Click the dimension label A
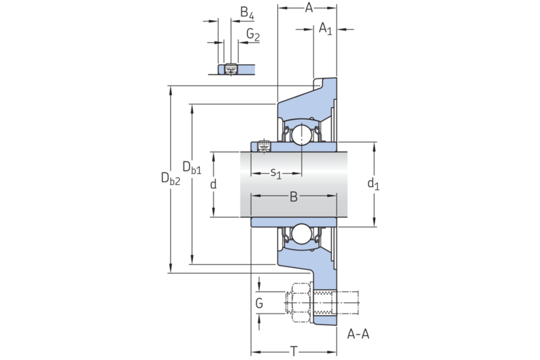(x=309, y=8)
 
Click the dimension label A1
(x=326, y=29)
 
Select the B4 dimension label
(x=246, y=12)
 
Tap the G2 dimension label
(x=253, y=34)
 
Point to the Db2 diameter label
(x=170, y=179)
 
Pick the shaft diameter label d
(x=213, y=184)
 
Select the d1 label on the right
(x=373, y=184)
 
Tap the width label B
(x=293, y=197)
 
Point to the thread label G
(x=259, y=304)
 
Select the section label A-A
(x=358, y=334)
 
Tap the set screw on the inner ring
(x=264, y=146)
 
